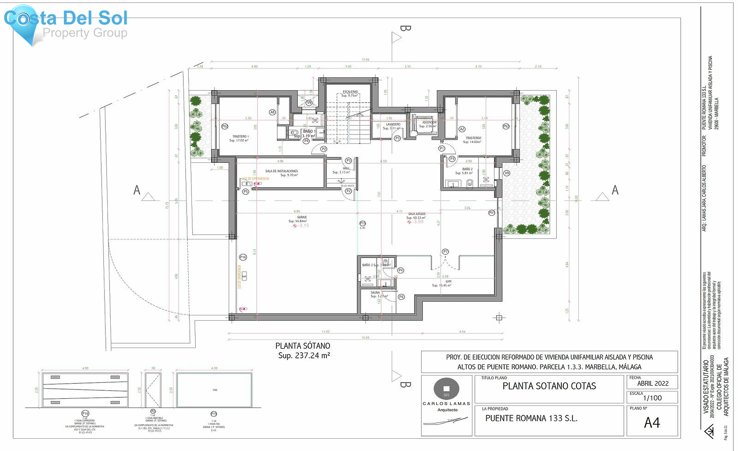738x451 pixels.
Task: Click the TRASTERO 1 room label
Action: pyautogui.click(x=240, y=137)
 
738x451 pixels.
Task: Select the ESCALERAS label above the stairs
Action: pyautogui.click(x=350, y=92)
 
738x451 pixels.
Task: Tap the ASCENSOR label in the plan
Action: pyautogui.click(x=429, y=122)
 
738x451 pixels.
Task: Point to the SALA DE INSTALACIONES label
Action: pyautogui.click(x=282, y=171)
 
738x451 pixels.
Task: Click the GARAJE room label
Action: pyautogui.click(x=302, y=217)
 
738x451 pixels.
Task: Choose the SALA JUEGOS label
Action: pyautogui.click(x=417, y=214)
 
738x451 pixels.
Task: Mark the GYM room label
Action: pyautogui.click(x=449, y=282)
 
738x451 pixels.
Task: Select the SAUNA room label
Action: pyautogui.click(x=375, y=292)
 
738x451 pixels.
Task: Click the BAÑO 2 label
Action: pyautogui.click(x=467, y=169)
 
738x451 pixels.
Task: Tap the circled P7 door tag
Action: pyautogui.click(x=445, y=252)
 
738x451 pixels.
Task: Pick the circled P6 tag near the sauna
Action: pyautogui.click(x=401, y=297)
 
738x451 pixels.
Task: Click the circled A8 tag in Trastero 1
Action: pyautogui.click(x=272, y=112)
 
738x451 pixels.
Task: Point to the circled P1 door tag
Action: pyautogui.click(x=442, y=148)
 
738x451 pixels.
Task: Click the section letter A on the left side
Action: pyautogui.click(x=137, y=190)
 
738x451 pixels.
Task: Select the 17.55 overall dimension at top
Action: pyautogui.click(x=365, y=60)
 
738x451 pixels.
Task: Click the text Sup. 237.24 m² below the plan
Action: pyautogui.click(x=304, y=355)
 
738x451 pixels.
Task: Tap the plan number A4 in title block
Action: pyautogui.click(x=652, y=423)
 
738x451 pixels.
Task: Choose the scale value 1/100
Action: pyautogui.click(x=652, y=398)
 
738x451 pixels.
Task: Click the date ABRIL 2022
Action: pyautogui.click(x=653, y=383)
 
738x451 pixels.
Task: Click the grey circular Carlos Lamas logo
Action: pyautogui.click(x=446, y=389)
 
